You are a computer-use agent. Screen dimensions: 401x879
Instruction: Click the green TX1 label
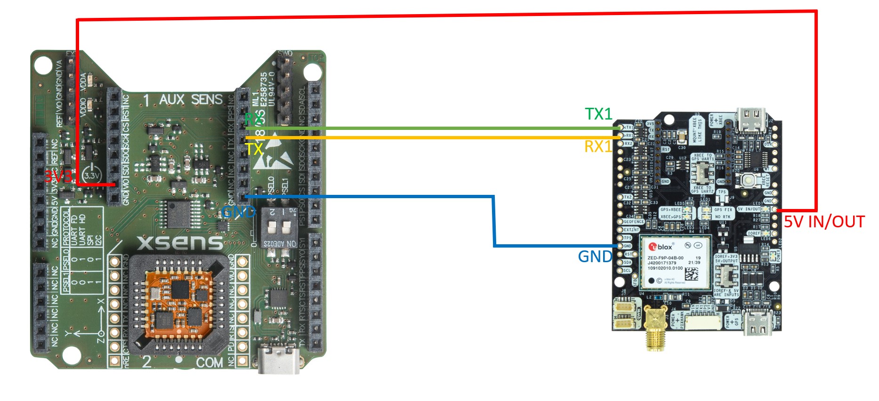tap(598, 114)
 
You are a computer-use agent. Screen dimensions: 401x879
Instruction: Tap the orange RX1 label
tap(598, 146)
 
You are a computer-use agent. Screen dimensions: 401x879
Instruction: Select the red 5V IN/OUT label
tap(824, 222)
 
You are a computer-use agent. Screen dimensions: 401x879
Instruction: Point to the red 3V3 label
tap(58, 176)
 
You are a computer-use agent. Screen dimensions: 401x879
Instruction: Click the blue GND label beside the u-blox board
tap(595, 257)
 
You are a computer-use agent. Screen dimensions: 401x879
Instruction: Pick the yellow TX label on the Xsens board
tap(254, 149)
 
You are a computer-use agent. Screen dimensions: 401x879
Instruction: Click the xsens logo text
tap(180, 242)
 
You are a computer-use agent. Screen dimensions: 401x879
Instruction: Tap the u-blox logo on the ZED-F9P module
tap(661, 247)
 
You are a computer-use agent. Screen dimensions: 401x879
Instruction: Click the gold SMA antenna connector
tap(653, 329)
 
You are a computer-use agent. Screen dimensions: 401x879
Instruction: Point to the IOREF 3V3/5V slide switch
tap(726, 275)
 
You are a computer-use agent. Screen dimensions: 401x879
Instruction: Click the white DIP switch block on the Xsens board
tap(278, 228)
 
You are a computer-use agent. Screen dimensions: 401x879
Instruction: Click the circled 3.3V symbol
tap(92, 175)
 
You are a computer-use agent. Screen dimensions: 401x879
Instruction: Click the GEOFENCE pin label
tap(634, 222)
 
